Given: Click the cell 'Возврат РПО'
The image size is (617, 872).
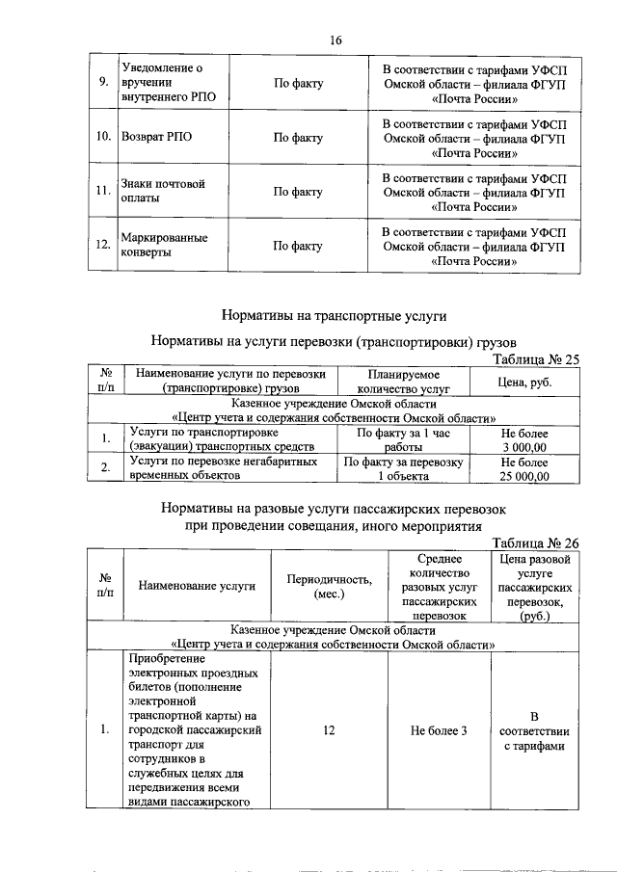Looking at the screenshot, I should [157, 138].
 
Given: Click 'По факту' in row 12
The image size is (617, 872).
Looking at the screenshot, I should [298, 246].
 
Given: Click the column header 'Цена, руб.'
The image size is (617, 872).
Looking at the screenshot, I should [524, 383].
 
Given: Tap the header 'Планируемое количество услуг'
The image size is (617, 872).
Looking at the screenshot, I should [404, 383].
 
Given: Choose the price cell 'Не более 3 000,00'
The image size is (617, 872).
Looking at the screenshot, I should [524, 441].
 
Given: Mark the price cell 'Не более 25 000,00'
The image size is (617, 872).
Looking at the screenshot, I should [524, 469].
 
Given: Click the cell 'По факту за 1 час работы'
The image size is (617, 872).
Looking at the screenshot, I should [404, 441].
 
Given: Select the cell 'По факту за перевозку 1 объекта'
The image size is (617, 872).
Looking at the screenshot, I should [404, 469].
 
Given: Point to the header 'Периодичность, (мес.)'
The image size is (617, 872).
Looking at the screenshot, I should [330, 586].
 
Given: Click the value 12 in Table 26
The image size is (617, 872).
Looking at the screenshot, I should [330, 731].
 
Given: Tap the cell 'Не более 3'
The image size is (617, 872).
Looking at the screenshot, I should [439, 731].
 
